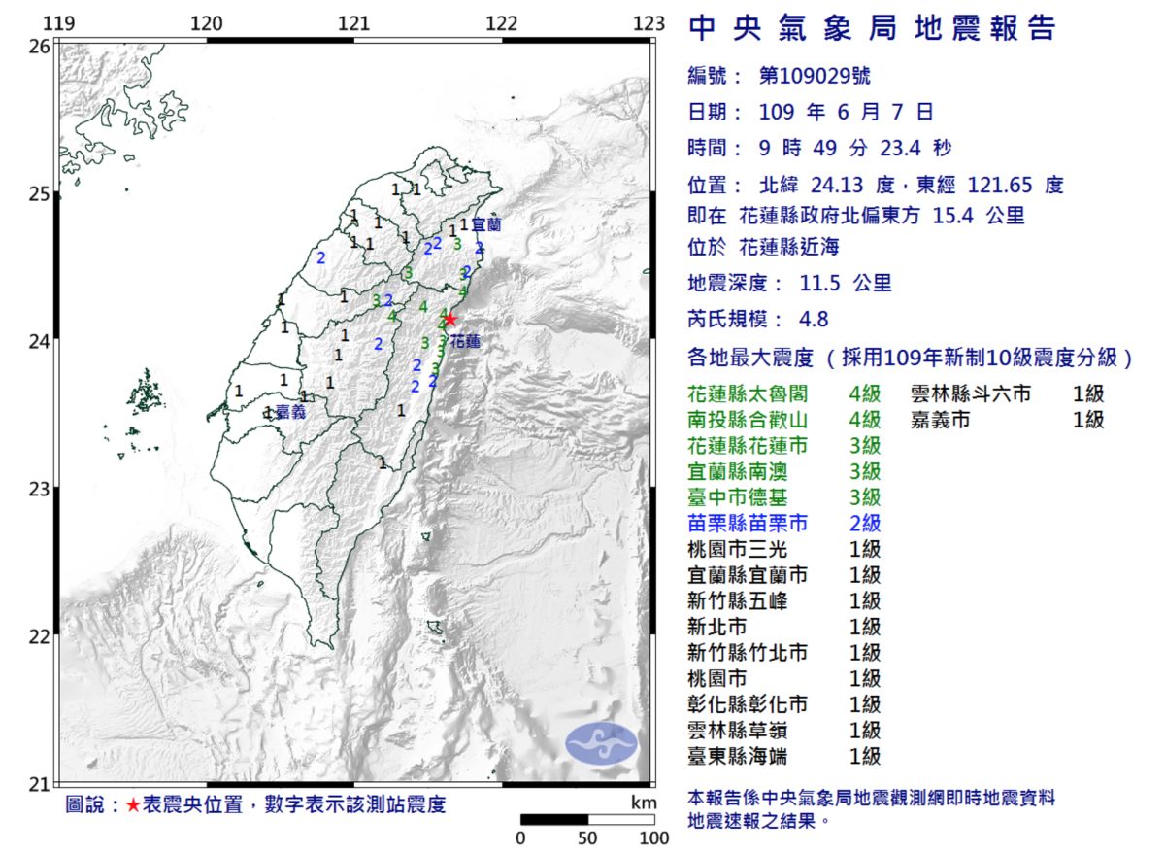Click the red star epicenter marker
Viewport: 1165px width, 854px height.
[449, 319]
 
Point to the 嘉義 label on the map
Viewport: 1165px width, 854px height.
[290, 412]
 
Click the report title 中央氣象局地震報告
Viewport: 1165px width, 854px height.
[871, 29]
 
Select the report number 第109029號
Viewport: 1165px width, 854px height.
[808, 76]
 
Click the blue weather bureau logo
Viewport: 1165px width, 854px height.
[602, 743]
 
